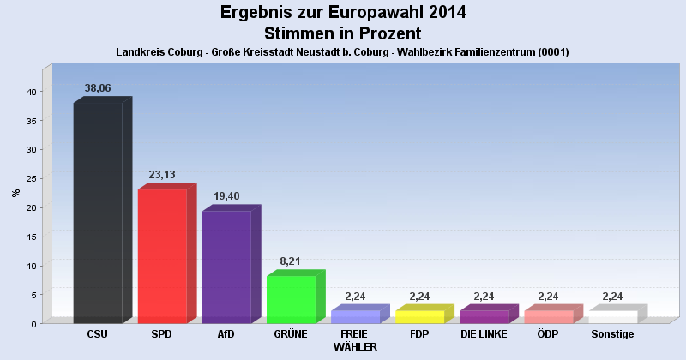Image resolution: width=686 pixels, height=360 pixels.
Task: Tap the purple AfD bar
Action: pyautogui.click(x=226, y=267)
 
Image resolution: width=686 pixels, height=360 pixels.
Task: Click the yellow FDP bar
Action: pyautogui.click(x=419, y=316)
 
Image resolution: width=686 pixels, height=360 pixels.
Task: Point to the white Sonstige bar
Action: pyautogui.click(x=612, y=316)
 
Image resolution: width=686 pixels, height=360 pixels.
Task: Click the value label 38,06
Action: pyautogui.click(x=98, y=88)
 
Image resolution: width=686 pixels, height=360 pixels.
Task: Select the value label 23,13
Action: pyautogui.click(x=162, y=175)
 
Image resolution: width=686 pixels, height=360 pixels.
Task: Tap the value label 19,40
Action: pyautogui.click(x=226, y=196)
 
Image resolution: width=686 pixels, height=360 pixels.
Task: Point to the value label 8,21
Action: pyautogui.click(x=291, y=261)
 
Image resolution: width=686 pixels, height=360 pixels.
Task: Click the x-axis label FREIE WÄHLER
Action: pyautogui.click(x=354, y=339)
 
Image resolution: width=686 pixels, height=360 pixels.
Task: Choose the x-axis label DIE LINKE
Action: pyautogui.click(x=484, y=333)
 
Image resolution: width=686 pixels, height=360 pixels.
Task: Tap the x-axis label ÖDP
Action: pyautogui.click(x=548, y=333)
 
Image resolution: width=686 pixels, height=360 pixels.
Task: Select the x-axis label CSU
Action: pyautogui.click(x=98, y=333)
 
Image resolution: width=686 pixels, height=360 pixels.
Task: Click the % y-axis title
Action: pyautogui.click(x=15, y=192)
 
